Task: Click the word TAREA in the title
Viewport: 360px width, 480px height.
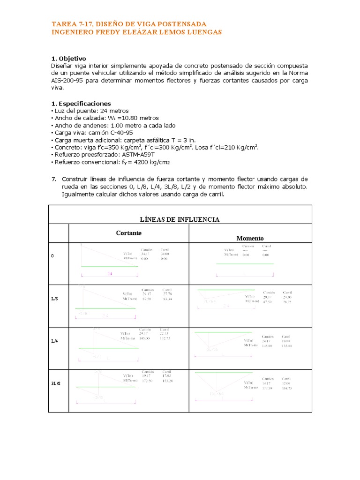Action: (63, 23)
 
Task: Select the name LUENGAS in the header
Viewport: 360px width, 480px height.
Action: (204, 32)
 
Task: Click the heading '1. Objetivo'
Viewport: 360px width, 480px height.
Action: (68, 59)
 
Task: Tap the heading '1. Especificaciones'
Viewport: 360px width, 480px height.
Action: (81, 103)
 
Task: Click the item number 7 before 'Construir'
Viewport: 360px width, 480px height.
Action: (53, 180)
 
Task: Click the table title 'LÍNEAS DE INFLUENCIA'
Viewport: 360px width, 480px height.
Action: (180, 219)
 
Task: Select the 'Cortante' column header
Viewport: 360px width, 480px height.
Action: (129, 233)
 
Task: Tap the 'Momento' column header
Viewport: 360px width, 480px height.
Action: (250, 239)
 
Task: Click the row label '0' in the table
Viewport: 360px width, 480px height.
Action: (53, 256)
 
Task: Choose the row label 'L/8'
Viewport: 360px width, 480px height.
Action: (55, 299)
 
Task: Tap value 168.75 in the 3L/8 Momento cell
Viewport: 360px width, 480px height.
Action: (287, 388)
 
